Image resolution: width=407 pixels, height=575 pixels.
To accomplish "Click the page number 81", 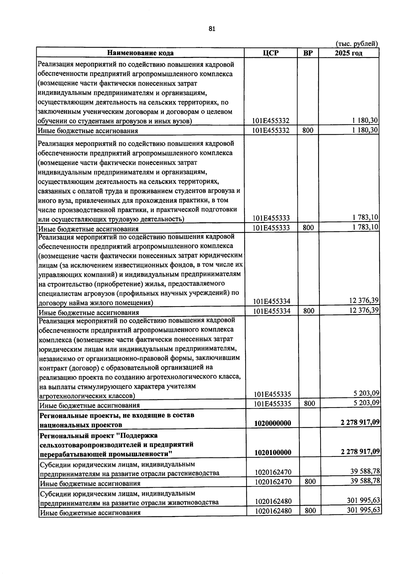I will [212, 29].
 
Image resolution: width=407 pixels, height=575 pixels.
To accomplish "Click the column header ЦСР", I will [271, 53].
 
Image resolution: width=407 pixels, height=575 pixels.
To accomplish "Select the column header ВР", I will [308, 53].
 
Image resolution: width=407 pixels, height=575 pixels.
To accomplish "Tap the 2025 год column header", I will [348, 53].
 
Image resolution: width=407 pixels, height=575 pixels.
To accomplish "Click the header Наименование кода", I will [140, 53].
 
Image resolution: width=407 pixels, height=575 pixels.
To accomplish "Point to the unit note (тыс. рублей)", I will [356, 44].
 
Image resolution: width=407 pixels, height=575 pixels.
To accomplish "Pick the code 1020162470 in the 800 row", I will [273, 481].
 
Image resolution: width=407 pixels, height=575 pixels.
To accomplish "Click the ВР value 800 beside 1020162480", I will [310, 511].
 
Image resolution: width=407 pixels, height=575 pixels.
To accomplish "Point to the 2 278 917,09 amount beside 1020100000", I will [360, 451].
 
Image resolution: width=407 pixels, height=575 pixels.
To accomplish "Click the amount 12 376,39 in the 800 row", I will [364, 310].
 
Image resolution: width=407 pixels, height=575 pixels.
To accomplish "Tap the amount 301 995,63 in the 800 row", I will [364, 510].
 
